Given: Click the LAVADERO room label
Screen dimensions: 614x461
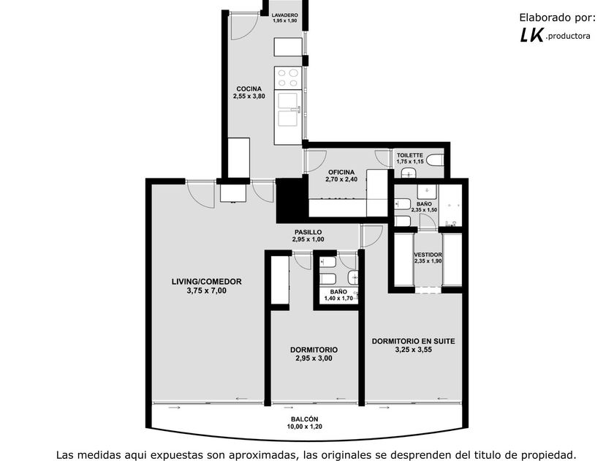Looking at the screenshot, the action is click(x=284, y=15).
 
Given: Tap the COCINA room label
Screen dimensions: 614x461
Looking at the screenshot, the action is click(x=249, y=89).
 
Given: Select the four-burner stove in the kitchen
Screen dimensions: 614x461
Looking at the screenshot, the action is click(x=288, y=78).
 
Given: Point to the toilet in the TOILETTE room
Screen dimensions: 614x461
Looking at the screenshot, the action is click(x=436, y=160).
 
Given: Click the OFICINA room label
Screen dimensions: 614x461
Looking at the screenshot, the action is click(x=341, y=172).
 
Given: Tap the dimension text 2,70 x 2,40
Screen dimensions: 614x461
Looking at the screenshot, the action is click(x=341, y=179).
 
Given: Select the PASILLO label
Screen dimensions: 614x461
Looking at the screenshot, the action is click(x=308, y=232).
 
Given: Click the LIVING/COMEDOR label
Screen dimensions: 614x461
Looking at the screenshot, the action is click(x=207, y=282).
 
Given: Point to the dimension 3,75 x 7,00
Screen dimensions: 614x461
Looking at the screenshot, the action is click(x=207, y=291).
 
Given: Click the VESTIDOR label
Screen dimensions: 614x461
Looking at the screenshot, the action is click(x=428, y=255).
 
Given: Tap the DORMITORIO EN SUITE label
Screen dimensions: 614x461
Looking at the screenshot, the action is click(x=414, y=342).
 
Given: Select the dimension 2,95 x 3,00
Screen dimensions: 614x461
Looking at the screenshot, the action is click(x=314, y=358).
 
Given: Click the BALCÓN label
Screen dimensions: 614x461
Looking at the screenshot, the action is click(x=305, y=419).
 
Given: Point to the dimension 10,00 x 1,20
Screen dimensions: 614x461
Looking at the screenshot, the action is click(x=305, y=427).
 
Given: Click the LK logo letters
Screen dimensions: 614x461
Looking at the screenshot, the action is click(x=532, y=36).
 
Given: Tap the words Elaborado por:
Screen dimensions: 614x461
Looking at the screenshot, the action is click(x=557, y=18).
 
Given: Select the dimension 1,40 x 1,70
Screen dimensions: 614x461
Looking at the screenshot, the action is click(x=338, y=299).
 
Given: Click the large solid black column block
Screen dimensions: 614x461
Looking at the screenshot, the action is click(x=292, y=200).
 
